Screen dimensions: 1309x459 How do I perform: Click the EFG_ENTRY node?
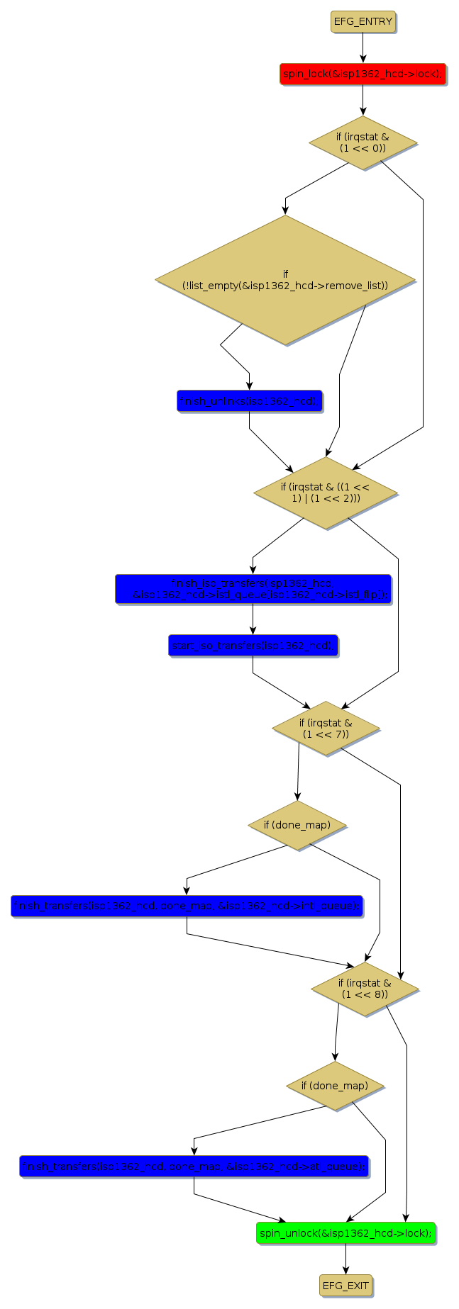[x=363, y=21]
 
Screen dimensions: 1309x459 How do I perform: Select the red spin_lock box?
[x=363, y=74]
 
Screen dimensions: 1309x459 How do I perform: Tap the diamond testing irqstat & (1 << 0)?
[x=363, y=142]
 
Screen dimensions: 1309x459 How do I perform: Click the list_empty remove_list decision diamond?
[x=285, y=280]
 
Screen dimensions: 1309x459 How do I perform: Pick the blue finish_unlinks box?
[x=249, y=401]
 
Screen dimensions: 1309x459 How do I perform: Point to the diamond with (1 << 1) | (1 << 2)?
[x=325, y=492]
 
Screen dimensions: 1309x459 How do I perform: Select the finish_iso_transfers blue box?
[x=253, y=589]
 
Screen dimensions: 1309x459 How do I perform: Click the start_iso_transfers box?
[x=253, y=646]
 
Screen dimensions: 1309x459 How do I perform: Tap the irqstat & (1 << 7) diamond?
[x=326, y=728]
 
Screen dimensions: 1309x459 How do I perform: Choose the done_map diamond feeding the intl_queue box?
[x=297, y=825]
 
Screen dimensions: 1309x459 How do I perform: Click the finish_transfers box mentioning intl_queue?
[x=187, y=906]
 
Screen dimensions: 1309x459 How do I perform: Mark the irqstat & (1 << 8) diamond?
[x=365, y=988]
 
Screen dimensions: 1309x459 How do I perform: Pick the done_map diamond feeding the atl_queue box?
[x=335, y=1086]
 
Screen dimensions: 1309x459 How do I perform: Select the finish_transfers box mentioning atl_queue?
[x=194, y=1167]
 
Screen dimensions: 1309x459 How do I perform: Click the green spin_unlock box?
[x=345, y=1233]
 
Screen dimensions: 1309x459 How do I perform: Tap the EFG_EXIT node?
[x=345, y=1286]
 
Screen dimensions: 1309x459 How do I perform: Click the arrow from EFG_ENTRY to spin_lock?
[x=363, y=47]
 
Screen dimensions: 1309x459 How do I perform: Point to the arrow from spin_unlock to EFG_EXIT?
[x=345, y=1259]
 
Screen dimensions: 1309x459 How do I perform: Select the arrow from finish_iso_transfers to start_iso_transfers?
[x=253, y=619]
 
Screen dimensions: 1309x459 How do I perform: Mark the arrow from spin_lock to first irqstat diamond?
[x=363, y=100]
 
